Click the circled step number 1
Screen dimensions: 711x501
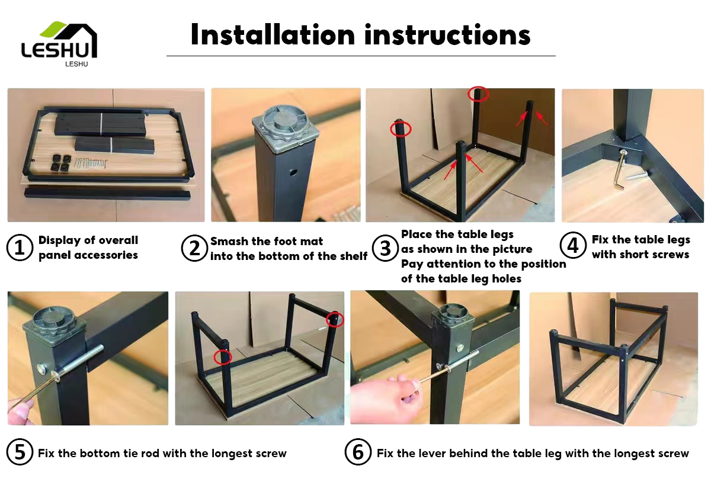(x=20, y=248)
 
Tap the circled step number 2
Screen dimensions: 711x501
(x=194, y=248)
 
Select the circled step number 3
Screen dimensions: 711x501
(x=385, y=248)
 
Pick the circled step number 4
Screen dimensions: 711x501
(x=572, y=245)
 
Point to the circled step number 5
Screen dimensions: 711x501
(x=20, y=452)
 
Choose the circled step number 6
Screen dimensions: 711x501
(x=358, y=452)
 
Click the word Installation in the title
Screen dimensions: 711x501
(x=273, y=34)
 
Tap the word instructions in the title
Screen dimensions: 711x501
(x=447, y=34)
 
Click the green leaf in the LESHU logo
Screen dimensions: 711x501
(x=53, y=28)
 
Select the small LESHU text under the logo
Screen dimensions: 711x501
(x=76, y=64)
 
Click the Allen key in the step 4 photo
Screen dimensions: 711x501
(x=620, y=170)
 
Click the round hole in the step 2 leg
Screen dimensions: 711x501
(x=293, y=172)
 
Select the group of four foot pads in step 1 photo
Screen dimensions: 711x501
(x=60, y=162)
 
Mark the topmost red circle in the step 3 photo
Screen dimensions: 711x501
(x=478, y=94)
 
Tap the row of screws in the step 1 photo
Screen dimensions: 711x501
(x=91, y=163)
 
